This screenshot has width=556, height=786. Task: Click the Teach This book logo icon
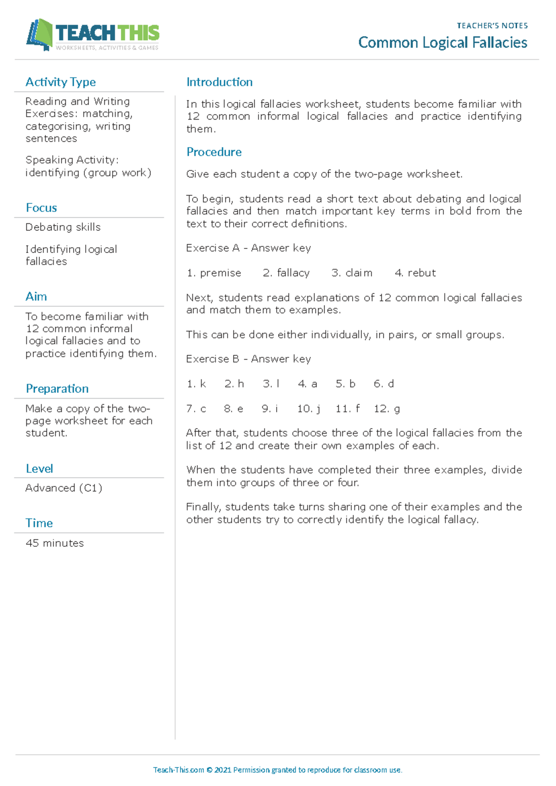[39, 34]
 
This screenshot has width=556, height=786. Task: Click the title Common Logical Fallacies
[442, 43]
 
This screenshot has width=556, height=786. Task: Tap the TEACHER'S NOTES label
[492, 26]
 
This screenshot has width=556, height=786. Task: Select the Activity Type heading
[61, 82]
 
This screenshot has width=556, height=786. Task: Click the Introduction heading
[219, 82]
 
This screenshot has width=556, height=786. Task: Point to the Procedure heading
[214, 152]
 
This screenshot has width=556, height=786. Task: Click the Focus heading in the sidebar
[41, 208]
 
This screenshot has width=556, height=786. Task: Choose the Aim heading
[36, 297]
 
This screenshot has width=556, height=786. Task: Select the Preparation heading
[57, 388]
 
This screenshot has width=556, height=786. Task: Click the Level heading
[39, 469]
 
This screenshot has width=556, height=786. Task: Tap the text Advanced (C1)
[64, 488]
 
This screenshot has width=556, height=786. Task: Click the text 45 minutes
[55, 543]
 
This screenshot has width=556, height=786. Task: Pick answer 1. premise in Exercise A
[214, 273]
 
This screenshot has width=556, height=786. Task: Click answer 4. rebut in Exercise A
[415, 273]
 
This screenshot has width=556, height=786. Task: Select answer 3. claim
[352, 273]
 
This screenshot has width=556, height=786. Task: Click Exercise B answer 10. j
[309, 409]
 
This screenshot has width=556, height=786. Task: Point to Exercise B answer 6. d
[384, 384]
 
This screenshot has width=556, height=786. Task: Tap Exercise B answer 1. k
[196, 384]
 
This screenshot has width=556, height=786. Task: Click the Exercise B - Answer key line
[248, 359]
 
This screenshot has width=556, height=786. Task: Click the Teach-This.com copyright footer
[278, 770]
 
